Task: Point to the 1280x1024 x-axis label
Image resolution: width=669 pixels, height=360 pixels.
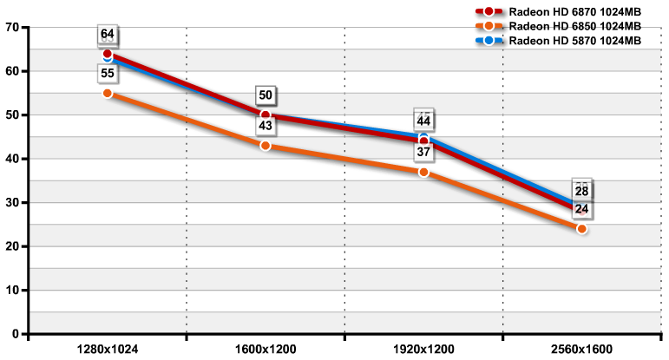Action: (x=108, y=350)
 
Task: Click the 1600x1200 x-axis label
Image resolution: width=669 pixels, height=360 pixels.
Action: (x=266, y=350)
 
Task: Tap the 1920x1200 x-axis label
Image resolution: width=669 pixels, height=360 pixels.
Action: (x=423, y=350)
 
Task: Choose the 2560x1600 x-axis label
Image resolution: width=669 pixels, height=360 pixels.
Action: (x=581, y=350)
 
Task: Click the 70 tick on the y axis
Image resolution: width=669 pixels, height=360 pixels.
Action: (x=12, y=27)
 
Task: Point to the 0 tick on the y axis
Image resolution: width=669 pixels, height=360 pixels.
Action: (x=16, y=334)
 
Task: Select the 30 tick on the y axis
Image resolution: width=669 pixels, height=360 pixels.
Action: (x=12, y=202)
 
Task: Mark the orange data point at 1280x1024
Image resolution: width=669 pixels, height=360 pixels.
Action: (x=108, y=93)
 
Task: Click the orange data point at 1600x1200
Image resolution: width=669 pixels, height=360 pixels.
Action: (x=266, y=146)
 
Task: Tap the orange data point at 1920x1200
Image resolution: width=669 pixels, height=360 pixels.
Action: (x=423, y=172)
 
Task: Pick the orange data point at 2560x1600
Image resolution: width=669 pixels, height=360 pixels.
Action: (x=581, y=229)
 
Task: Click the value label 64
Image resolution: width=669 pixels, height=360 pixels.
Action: (x=108, y=35)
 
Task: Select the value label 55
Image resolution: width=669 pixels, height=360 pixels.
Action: (x=108, y=74)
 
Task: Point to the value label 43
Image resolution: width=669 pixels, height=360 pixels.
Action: (x=266, y=127)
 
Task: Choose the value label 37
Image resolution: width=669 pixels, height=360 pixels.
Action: (x=423, y=153)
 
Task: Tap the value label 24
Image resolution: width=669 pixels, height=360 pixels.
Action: (x=581, y=210)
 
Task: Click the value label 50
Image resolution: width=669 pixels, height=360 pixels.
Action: (x=266, y=95)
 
